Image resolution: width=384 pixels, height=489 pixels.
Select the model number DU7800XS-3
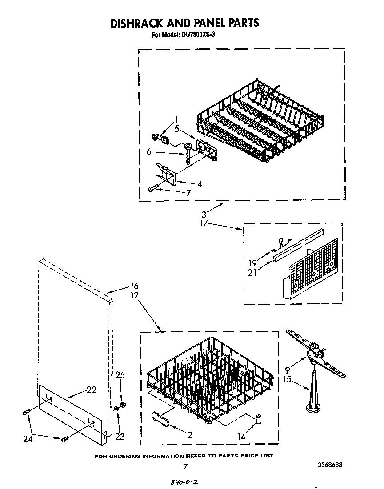pyautogui.click(x=198, y=36)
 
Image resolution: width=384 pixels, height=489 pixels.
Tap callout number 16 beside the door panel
pyautogui.click(x=134, y=286)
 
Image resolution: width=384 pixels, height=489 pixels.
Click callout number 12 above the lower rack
pyautogui.click(x=134, y=295)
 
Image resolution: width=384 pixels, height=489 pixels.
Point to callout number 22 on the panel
pyautogui.click(x=91, y=390)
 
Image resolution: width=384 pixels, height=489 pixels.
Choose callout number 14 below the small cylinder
pyautogui.click(x=241, y=437)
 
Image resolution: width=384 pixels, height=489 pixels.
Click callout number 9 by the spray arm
pyautogui.click(x=287, y=369)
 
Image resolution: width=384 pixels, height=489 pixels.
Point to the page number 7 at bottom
pyautogui.click(x=186, y=466)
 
